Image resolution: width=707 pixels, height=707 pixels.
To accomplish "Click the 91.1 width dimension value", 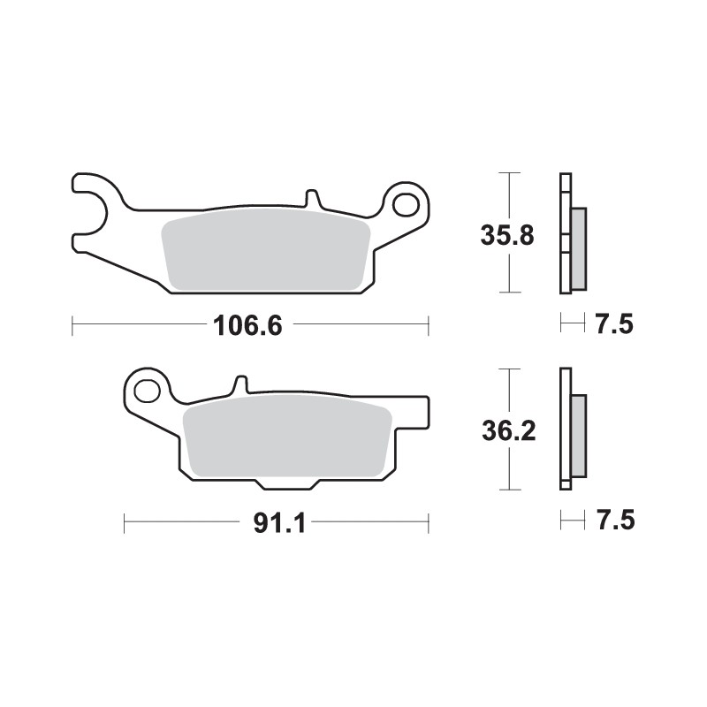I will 278,523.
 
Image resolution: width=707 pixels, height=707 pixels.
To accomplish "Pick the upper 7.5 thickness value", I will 614,325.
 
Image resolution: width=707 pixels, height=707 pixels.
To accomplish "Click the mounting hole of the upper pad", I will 407,204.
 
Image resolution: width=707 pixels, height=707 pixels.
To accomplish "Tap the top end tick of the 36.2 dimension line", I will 507,369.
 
